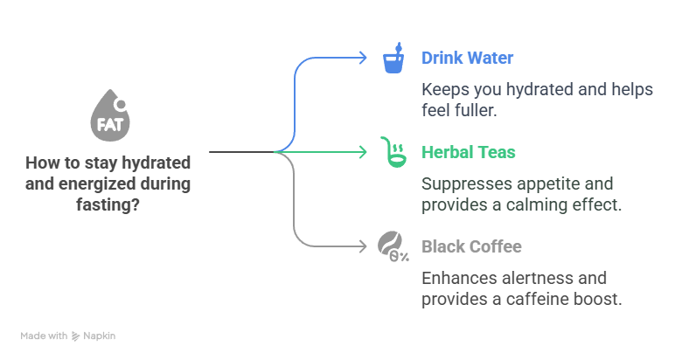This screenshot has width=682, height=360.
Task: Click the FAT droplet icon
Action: [109, 116]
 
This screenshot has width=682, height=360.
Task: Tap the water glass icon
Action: [393, 59]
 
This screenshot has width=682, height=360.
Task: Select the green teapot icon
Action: [392, 153]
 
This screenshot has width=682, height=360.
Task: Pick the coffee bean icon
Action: [392, 246]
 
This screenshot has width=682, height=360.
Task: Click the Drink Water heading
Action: [467, 59]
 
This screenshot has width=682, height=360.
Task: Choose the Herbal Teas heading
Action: [469, 153]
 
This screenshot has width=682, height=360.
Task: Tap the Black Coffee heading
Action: [471, 246]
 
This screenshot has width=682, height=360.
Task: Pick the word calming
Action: [539, 204]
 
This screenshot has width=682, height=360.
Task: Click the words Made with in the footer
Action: [44, 335]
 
